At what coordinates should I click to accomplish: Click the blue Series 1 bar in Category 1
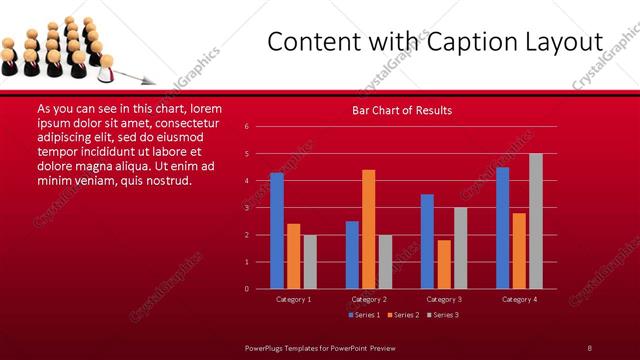click(277, 231)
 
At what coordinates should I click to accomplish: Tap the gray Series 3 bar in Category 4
click(536, 221)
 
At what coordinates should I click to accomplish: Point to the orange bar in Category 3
click(444, 264)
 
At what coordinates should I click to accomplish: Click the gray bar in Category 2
click(385, 262)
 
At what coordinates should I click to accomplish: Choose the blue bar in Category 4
click(502, 228)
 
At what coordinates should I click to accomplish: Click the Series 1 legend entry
click(364, 315)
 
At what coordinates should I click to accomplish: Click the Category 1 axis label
click(294, 299)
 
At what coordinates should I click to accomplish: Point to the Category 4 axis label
click(519, 299)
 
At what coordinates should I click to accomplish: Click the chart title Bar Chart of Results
click(402, 110)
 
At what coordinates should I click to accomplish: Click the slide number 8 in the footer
click(590, 347)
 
